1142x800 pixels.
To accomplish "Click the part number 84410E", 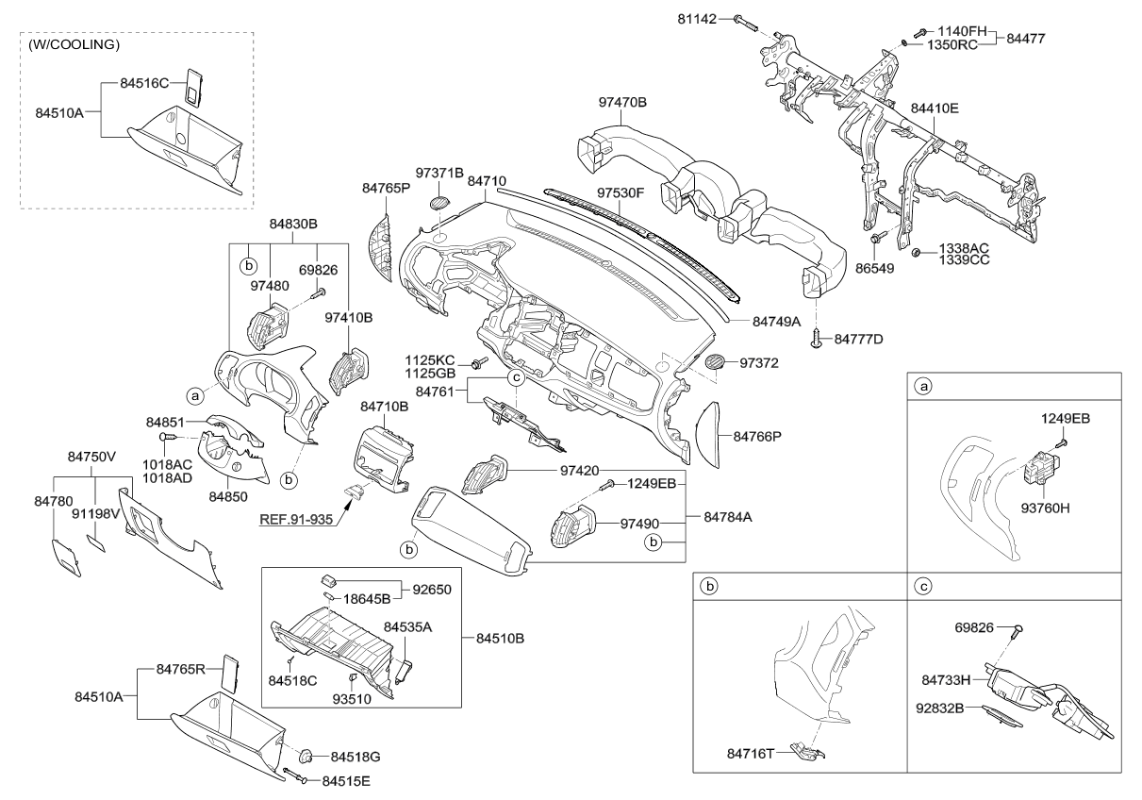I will pyautogui.click(x=935, y=108).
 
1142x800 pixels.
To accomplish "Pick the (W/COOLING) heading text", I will pyautogui.click(x=74, y=44).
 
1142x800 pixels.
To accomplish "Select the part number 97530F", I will pyautogui.click(x=619, y=192).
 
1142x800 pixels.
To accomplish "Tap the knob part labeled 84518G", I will pyautogui.click(x=308, y=756).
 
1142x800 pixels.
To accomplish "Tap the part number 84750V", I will pyautogui.click(x=91, y=457).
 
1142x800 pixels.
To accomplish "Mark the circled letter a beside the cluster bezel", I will pyautogui.click(x=195, y=396).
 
